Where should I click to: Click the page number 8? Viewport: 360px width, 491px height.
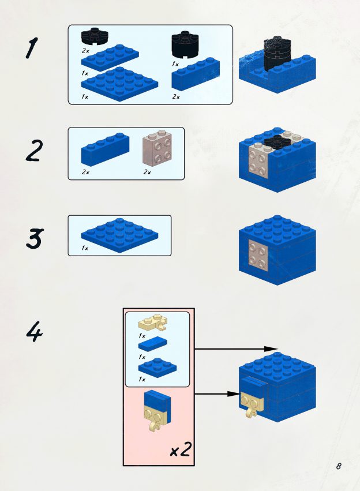[x=339, y=466]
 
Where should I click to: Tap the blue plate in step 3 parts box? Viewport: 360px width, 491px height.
[x=119, y=236]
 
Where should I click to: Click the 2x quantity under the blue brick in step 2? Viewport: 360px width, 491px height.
[x=85, y=172]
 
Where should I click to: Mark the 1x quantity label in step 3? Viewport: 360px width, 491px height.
[x=85, y=248]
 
